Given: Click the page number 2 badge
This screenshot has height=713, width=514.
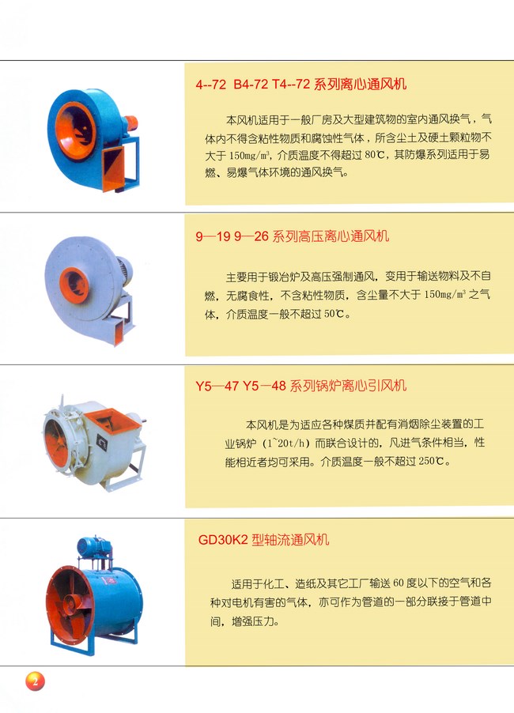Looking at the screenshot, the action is click(x=35, y=681).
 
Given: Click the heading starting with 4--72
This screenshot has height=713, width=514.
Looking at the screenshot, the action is click(x=301, y=84).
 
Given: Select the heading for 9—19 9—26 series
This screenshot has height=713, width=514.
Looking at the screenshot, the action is click(x=293, y=236).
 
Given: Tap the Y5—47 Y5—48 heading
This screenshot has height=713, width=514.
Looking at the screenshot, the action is click(x=301, y=386).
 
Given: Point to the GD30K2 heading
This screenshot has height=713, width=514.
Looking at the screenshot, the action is click(x=263, y=540).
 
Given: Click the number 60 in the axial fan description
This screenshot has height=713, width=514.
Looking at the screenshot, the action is click(x=399, y=583).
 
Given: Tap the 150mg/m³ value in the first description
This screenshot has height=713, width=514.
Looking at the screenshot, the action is click(x=250, y=155).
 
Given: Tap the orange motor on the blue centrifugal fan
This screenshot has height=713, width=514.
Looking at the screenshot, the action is click(x=131, y=123).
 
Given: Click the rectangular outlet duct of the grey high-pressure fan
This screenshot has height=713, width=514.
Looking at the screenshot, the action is click(x=119, y=328).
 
